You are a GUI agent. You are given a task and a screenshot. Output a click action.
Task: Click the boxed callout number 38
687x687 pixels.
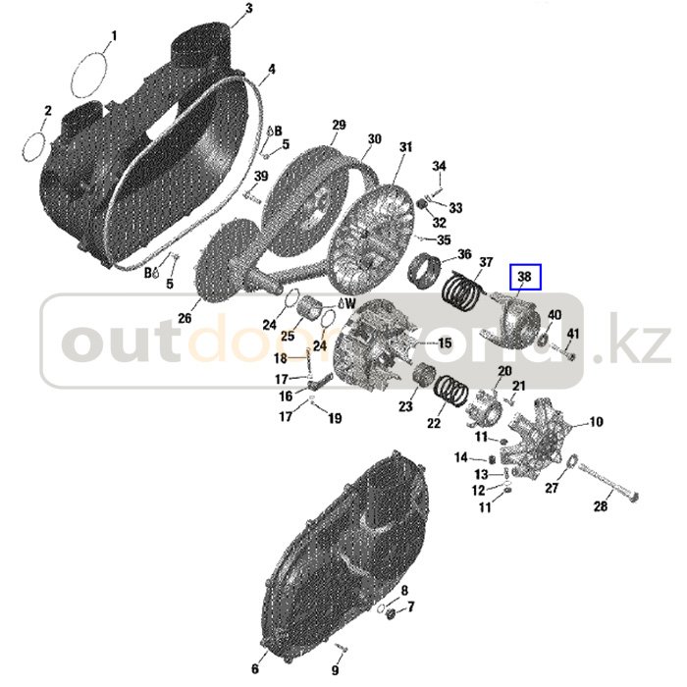point(525,277)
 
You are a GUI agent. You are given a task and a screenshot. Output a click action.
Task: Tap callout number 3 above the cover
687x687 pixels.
point(249,8)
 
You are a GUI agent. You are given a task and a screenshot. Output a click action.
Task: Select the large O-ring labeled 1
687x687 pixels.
point(89,75)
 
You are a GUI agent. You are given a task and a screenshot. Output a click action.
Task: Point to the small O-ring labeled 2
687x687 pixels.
point(34,145)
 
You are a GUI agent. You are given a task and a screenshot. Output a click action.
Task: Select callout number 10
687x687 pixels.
point(597,422)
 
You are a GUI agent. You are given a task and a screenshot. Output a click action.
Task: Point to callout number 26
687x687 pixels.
point(185,318)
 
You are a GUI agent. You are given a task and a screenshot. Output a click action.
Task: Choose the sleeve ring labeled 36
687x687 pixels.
point(424,271)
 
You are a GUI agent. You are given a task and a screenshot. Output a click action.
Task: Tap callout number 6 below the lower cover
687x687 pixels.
point(255,668)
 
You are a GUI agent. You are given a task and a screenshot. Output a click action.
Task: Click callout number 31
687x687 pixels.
point(405,147)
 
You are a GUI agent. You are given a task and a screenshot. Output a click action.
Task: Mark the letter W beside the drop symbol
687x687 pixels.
point(350,302)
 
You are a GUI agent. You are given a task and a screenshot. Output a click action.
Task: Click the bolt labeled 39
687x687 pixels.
point(251,193)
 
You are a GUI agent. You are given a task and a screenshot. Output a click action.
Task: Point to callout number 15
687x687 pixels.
point(445,343)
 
